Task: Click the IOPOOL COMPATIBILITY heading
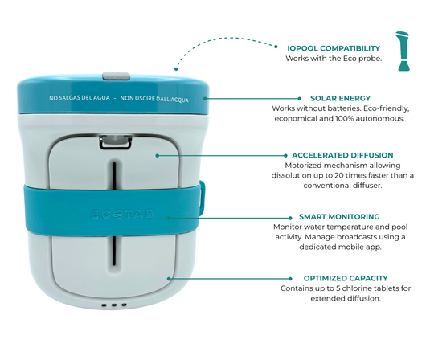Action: [334, 48]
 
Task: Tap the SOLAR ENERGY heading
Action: [340, 98]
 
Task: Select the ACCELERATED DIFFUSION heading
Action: [342, 155]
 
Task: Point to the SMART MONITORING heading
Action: [339, 217]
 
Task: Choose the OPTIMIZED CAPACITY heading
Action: [346, 278]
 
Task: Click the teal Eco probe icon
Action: [403, 51]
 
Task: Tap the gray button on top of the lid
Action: [116, 76]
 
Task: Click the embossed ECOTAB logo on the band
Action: [122, 215]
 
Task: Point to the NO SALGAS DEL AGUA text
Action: [80, 98]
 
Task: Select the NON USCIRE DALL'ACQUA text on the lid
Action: [154, 99]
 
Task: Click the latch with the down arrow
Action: [115, 141]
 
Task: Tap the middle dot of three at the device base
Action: [114, 305]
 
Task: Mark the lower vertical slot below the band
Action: [114, 249]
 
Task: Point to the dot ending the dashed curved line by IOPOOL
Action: [276, 47]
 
